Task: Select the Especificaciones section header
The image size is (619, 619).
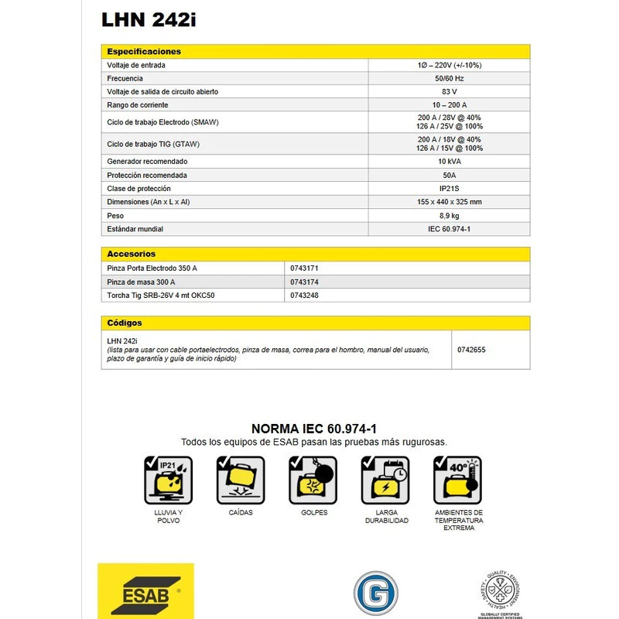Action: pos(144,51)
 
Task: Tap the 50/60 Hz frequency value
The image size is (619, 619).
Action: pos(449,78)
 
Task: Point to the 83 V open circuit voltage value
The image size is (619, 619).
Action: pos(449,91)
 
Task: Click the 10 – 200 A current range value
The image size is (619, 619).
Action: pos(449,104)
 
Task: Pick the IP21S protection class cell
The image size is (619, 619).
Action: pos(449,188)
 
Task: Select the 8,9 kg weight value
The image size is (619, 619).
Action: pos(449,215)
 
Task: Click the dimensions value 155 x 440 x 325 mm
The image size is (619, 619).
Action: pos(449,202)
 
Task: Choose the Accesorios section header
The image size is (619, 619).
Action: pos(132,253)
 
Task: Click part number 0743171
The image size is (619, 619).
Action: pos(305,267)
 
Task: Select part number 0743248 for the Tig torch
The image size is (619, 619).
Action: pos(305,296)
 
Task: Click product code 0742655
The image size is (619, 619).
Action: pos(472,350)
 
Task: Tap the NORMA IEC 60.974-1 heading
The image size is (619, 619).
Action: pos(314,429)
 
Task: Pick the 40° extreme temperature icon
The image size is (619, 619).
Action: pos(458,480)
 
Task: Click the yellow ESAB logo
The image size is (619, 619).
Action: pos(145,592)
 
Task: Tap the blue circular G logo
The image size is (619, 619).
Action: pos(375,594)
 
